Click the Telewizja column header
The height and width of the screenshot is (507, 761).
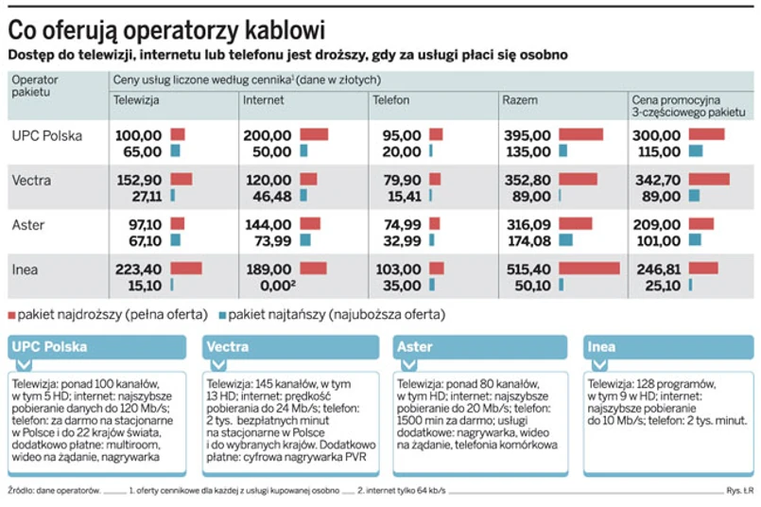[136, 99]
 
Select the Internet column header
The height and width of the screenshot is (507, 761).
[263, 99]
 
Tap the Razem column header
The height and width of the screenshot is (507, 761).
[520, 99]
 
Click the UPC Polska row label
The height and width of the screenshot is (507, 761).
[47, 135]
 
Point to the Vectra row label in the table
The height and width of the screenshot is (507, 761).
[31, 180]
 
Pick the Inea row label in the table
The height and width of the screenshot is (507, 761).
[26, 269]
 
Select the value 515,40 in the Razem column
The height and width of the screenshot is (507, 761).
[528, 269]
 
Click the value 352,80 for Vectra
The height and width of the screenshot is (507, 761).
[528, 180]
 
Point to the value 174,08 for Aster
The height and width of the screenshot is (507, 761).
[528, 240]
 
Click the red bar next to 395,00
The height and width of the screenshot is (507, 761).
[580, 135]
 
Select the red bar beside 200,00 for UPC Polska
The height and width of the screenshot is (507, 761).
[313, 135]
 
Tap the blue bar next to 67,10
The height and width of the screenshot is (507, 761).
[175, 240]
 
